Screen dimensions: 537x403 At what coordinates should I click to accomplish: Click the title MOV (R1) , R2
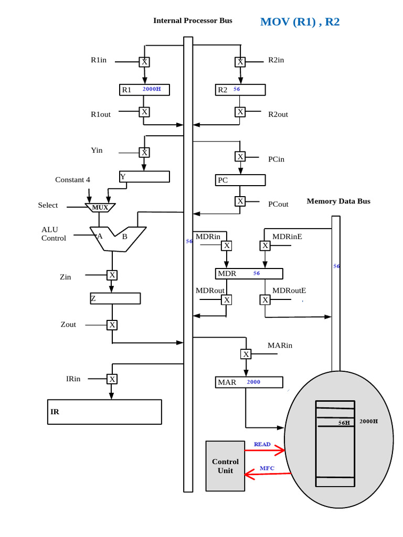click(300, 22)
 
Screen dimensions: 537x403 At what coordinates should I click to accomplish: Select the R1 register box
click(144, 90)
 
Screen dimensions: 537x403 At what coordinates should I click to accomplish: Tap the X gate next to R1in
click(144, 62)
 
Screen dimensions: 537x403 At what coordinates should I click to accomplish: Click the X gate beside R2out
click(240, 112)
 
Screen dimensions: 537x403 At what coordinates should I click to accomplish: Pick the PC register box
click(240, 180)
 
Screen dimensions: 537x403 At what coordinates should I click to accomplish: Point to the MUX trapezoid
click(100, 208)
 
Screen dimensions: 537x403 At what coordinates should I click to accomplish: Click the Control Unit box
click(225, 466)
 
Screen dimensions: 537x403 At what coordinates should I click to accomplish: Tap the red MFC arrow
click(268, 475)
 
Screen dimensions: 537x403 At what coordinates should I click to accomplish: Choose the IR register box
click(104, 412)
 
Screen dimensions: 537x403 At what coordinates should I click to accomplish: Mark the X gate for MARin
click(246, 354)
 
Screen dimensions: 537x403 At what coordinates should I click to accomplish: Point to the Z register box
click(115, 298)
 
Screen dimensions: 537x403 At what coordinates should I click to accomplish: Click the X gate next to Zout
click(112, 325)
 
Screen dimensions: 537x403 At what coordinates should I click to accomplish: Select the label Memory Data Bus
click(338, 201)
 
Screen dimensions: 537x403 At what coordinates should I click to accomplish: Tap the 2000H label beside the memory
click(368, 421)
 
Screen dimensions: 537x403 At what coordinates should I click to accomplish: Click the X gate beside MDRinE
click(266, 245)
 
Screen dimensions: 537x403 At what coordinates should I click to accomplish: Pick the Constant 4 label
click(72, 180)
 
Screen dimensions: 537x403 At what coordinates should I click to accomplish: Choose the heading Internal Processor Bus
click(193, 20)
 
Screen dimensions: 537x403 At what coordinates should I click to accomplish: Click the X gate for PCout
click(240, 201)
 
